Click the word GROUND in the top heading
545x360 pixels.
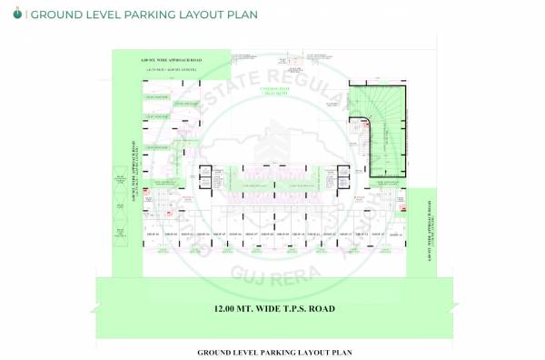(x=55, y=15)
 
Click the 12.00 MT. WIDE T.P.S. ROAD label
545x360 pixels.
(x=274, y=309)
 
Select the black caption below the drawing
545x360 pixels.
(x=273, y=351)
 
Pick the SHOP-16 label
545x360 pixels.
(x=393, y=235)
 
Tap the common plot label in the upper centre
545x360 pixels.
(x=273, y=90)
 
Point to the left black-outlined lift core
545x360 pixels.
(x=204, y=176)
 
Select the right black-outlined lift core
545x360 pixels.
(x=342, y=176)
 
